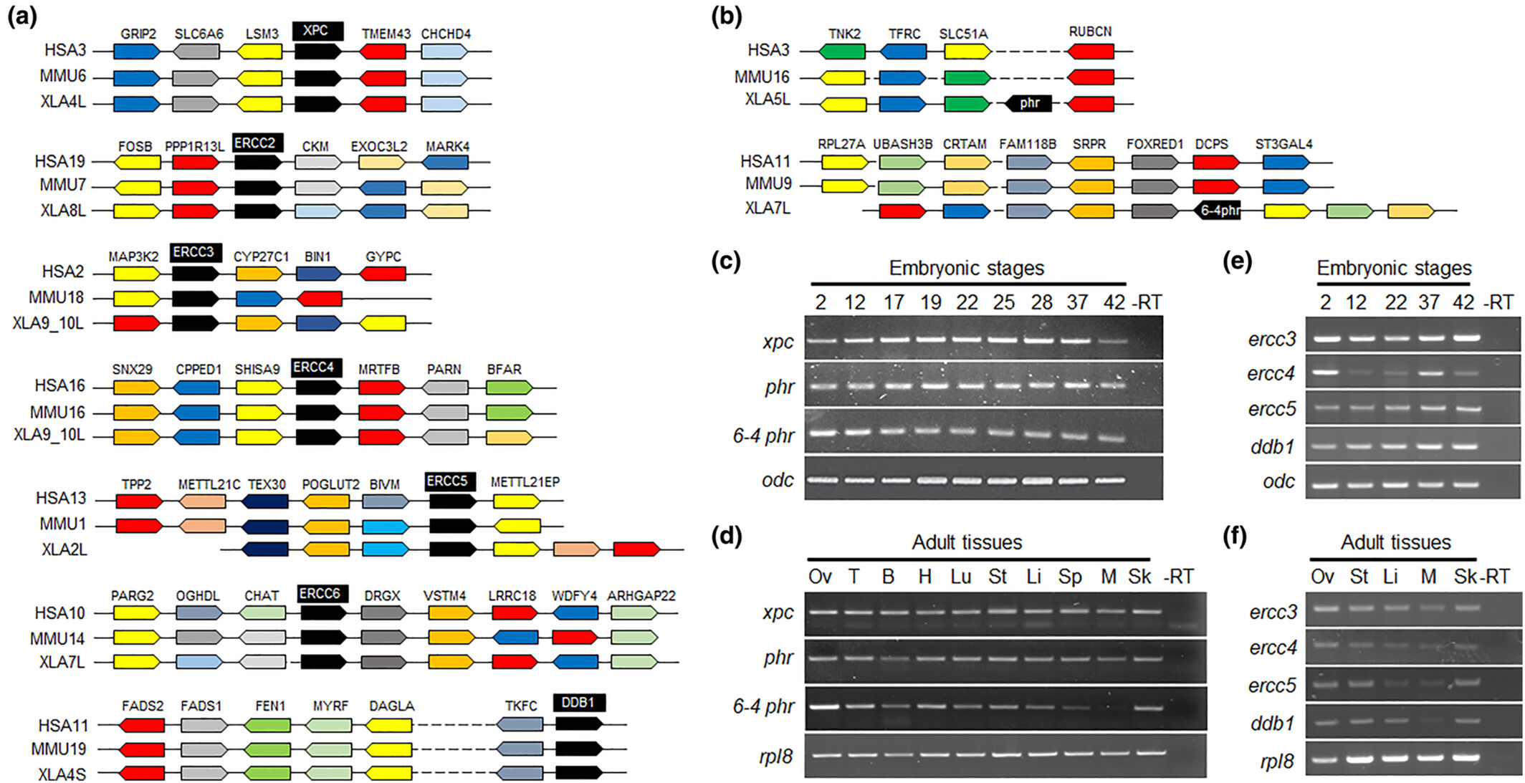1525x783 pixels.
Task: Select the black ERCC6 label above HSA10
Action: coord(322,593)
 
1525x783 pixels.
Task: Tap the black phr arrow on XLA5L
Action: coord(1028,103)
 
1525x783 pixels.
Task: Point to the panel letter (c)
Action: coord(725,261)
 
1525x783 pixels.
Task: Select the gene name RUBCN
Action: coord(1090,32)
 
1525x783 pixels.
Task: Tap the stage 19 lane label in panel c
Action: coord(930,303)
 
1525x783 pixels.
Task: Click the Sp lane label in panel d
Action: coord(1070,577)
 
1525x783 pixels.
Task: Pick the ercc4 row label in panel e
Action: coord(1271,373)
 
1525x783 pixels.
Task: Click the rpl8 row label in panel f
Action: coord(1276,761)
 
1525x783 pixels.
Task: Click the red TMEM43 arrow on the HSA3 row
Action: coord(383,52)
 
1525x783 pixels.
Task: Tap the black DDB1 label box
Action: coord(579,703)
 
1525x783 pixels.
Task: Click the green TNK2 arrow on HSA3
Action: coord(842,52)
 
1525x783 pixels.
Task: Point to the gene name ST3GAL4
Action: coord(1283,144)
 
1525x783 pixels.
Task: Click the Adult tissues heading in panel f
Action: coord(1395,542)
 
